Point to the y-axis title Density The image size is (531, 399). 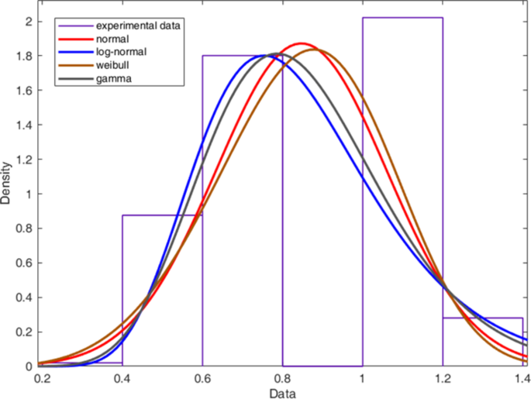[x=7, y=183]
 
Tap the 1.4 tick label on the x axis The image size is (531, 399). [x=520, y=378]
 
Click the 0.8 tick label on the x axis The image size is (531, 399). [x=282, y=378]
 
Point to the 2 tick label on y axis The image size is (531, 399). [x=29, y=22]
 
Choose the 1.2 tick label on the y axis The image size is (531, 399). [x=24, y=160]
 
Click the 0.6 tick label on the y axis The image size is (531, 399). [x=24, y=263]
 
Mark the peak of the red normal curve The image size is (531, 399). [x=301, y=43]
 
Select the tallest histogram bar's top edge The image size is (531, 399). [x=402, y=18]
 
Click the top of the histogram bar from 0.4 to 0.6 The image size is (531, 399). [x=162, y=215]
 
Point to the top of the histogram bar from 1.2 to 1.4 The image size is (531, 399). [x=482, y=318]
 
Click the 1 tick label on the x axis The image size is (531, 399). [x=362, y=378]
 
